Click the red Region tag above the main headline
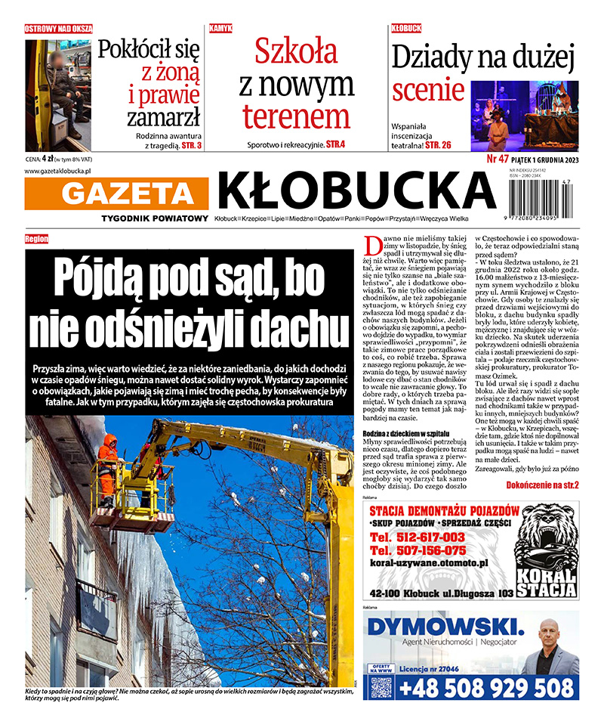tap(36, 239)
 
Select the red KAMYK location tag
tap(220, 28)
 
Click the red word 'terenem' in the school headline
tap(296, 116)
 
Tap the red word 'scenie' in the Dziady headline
tap(428, 91)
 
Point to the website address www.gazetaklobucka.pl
tap(58, 172)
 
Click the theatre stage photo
tap(524, 116)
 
